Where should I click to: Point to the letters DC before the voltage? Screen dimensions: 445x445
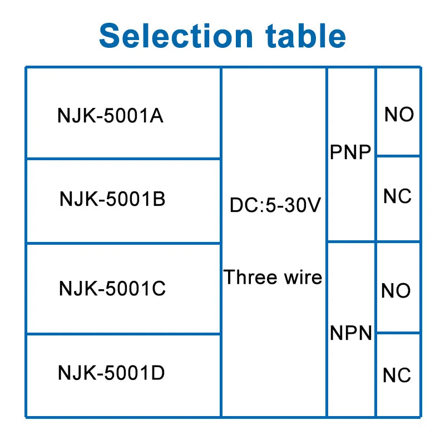pyautogui.click(x=241, y=206)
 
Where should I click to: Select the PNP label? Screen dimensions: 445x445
pyautogui.click(x=350, y=152)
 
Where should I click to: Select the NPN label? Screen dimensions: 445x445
pyautogui.click(x=351, y=333)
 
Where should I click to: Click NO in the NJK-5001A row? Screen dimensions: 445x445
pyautogui.click(x=399, y=115)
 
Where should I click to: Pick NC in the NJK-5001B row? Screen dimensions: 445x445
pyautogui.click(x=397, y=196)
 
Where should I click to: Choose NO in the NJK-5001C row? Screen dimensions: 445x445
pyautogui.click(x=396, y=291)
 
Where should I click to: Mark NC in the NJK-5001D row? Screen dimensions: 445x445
pyautogui.click(x=397, y=375)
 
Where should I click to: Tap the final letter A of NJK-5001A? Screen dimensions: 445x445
pyautogui.click(x=157, y=116)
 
